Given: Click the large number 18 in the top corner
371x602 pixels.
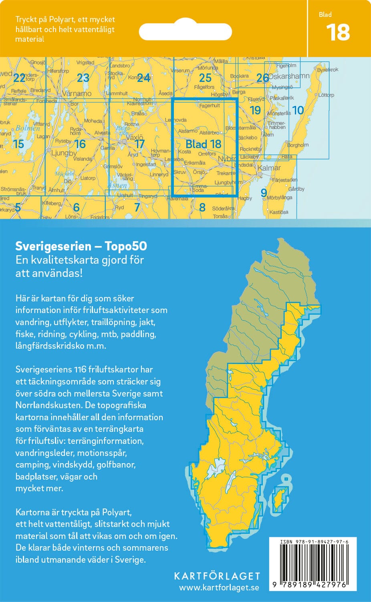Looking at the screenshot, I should coord(338,33).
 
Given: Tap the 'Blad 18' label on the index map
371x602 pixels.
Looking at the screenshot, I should coord(204,144).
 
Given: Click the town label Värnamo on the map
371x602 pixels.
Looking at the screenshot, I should coord(77,94).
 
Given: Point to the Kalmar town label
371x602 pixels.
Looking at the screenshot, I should coord(269,168).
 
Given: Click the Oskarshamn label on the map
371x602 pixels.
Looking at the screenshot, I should coord(289,76).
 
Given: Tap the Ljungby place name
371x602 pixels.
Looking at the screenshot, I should coord(64,153).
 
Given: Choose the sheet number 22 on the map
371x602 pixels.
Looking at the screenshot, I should coord(19,77).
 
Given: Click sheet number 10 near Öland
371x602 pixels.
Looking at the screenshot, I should coord(298,110).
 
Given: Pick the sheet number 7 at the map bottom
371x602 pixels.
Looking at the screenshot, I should coord(137,207).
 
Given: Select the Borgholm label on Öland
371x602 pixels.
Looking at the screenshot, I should coord(298,145).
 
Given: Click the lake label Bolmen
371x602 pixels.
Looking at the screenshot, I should coord(28,128).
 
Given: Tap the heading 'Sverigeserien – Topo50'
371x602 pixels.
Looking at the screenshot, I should coord(81,246).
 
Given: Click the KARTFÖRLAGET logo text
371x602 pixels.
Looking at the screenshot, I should coord(217,576).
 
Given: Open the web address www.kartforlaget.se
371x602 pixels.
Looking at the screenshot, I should coord(219,588).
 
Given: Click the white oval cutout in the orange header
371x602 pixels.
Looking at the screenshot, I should coord(185,32).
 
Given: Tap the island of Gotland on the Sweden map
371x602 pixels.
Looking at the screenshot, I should coord(280,499).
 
